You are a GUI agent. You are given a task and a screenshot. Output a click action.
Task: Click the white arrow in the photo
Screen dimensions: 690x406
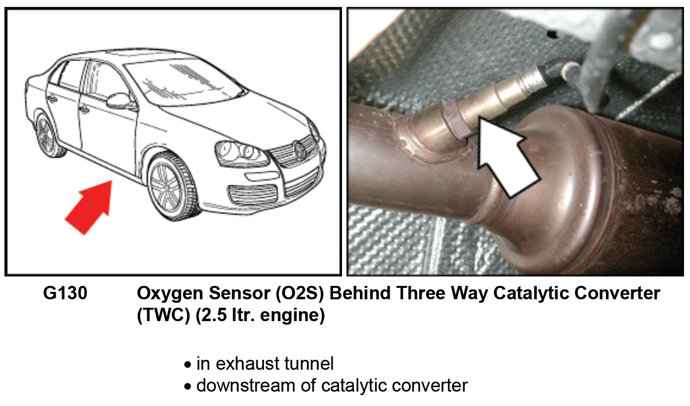508,158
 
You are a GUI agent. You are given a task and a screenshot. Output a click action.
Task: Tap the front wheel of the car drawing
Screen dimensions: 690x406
172,187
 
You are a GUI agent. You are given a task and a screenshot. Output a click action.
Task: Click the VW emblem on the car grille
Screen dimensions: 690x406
299,149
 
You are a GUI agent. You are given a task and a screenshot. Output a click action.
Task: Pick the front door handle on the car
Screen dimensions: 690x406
84,110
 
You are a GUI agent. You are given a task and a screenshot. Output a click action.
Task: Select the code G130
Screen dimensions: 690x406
65,293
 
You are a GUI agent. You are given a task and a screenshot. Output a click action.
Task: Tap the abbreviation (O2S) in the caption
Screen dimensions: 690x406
300,293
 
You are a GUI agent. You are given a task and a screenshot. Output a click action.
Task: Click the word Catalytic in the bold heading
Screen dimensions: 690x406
531,294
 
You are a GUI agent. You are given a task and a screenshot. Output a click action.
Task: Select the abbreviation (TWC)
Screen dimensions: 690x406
163,315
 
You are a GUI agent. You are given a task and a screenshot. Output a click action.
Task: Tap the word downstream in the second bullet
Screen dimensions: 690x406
246,385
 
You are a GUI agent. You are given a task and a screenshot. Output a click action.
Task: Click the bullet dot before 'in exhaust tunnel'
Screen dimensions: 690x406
187,365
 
